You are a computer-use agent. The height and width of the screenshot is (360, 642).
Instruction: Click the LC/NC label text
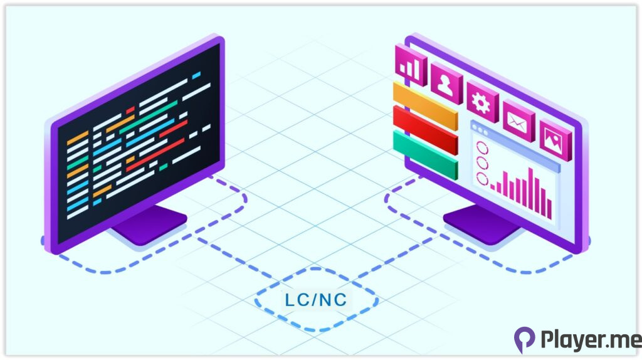[x=315, y=300]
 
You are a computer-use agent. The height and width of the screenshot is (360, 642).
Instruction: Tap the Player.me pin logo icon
[x=524, y=339]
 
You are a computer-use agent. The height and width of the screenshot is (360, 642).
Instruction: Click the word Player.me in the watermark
[x=589, y=340]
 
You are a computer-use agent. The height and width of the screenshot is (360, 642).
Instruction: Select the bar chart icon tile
[x=411, y=65]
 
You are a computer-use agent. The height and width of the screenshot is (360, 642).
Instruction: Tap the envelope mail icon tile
[x=518, y=119]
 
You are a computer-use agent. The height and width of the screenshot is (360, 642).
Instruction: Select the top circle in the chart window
[x=482, y=148]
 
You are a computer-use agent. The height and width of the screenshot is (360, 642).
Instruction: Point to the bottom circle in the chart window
[x=482, y=179]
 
